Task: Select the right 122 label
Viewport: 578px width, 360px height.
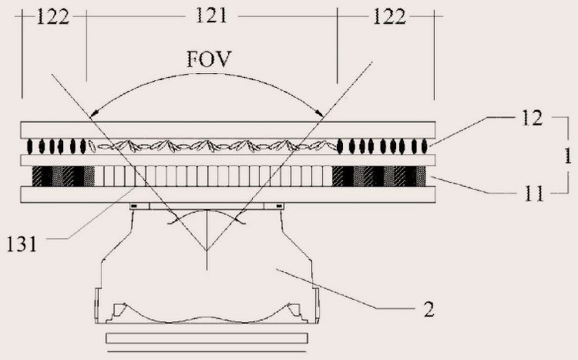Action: [x=389, y=17]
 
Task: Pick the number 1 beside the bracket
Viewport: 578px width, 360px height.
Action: [x=567, y=156]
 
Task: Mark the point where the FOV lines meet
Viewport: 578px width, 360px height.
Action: [x=207, y=252]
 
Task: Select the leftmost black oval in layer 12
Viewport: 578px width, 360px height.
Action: [x=32, y=146]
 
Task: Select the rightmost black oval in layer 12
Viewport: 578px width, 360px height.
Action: [x=423, y=146]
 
